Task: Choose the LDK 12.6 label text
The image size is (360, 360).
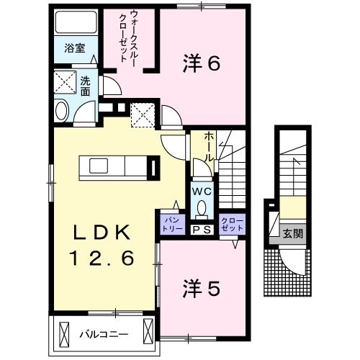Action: click(102, 246)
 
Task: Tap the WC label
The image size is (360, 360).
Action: click(201, 192)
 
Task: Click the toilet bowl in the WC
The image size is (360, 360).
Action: click(201, 210)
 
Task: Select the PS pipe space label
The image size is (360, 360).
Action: click(201, 229)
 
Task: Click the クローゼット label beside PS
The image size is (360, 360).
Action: click(232, 223)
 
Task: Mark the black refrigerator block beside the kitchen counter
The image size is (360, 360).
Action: click(154, 166)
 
